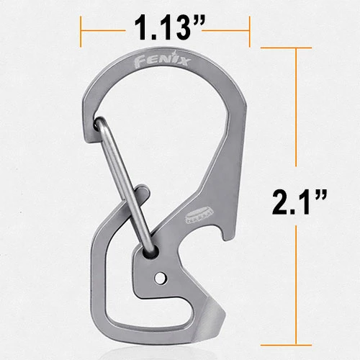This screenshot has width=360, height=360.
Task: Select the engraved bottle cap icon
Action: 199,216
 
